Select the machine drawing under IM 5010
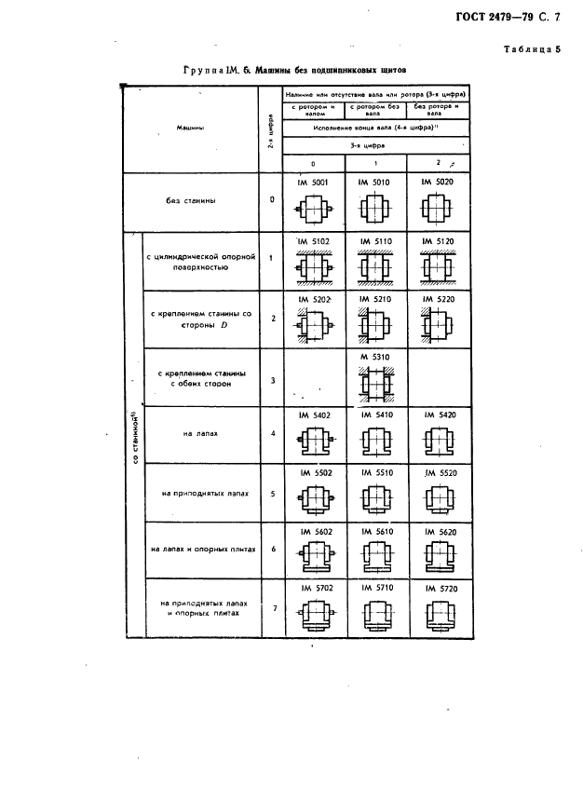pos(375,210)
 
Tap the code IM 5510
pos(375,472)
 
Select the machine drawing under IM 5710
pos(375,615)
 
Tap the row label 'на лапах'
pos(201,433)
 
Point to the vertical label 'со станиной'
pos(135,438)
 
